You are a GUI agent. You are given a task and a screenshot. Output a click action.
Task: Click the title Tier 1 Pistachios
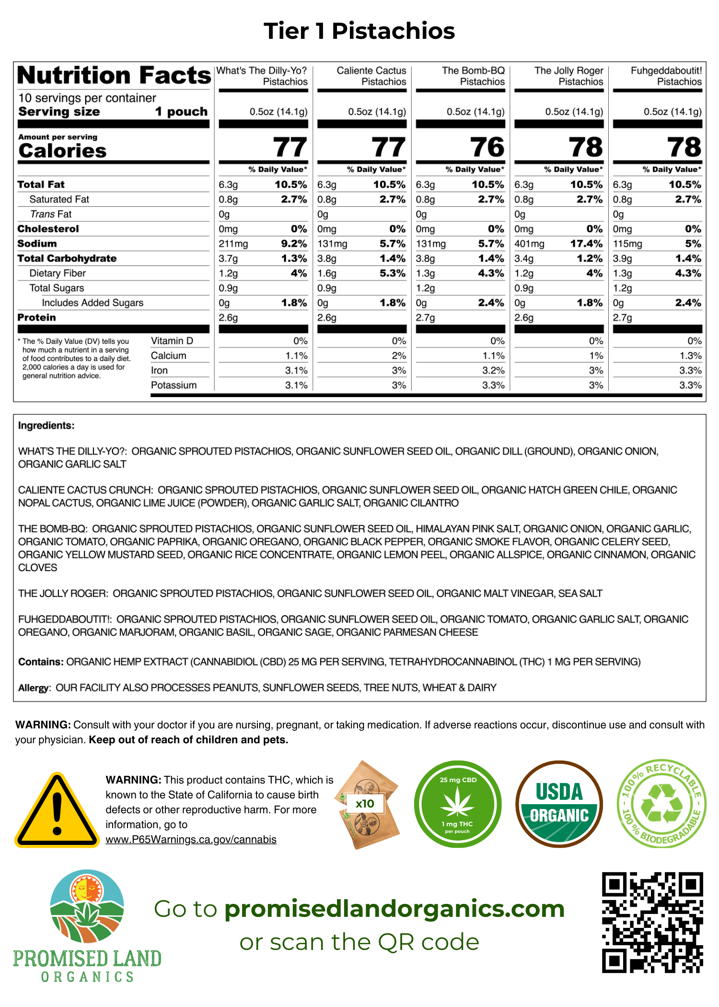click(x=359, y=31)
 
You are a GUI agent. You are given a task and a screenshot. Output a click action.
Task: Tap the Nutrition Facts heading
click(x=114, y=75)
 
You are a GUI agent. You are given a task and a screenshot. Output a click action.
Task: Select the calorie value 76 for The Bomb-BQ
click(x=487, y=147)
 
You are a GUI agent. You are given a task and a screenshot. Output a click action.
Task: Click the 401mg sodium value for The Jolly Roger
click(x=529, y=244)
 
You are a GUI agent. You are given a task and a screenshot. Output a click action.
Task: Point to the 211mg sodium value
click(x=233, y=244)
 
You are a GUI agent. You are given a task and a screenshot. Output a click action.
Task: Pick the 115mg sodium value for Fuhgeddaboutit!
click(x=628, y=244)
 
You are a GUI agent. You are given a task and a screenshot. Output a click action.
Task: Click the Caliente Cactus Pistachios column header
click(x=371, y=76)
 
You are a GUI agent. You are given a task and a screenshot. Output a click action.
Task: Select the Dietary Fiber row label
click(x=58, y=273)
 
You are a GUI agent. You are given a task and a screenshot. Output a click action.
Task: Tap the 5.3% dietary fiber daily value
click(x=393, y=273)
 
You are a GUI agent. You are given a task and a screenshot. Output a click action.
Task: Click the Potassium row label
click(x=174, y=385)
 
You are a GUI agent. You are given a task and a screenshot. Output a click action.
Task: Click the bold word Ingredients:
click(x=46, y=425)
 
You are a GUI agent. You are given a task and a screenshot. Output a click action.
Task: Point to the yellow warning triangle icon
click(x=57, y=811)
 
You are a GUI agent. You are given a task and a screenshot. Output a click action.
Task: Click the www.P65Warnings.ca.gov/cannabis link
click(x=191, y=840)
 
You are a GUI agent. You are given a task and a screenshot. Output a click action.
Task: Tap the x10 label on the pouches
click(x=365, y=804)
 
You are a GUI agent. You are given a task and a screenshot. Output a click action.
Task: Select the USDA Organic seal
click(x=559, y=804)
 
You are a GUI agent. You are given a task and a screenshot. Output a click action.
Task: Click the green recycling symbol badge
click(x=661, y=804)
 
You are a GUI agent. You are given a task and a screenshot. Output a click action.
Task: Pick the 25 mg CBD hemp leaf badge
click(x=458, y=804)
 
